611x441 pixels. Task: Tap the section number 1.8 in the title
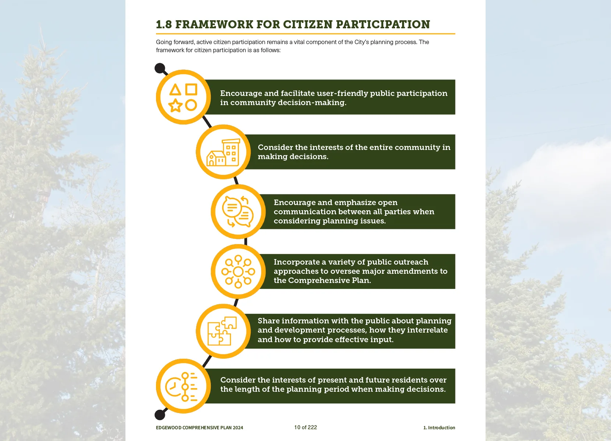pyautogui.click(x=164, y=24)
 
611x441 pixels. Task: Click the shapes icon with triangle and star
pyautogui.click(x=183, y=97)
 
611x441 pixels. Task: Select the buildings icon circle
pyautogui.click(x=223, y=152)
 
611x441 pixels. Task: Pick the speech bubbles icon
pyautogui.click(x=238, y=212)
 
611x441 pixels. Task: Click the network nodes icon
pyautogui.click(x=238, y=272)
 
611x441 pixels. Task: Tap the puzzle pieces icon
pyautogui.click(x=223, y=331)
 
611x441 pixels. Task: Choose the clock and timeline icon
pyautogui.click(x=183, y=386)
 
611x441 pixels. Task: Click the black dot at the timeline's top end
pyautogui.click(x=160, y=68)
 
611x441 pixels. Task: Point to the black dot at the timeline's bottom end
pyautogui.click(x=160, y=415)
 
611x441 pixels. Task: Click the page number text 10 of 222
pyautogui.click(x=305, y=427)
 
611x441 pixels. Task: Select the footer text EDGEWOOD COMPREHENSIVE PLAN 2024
pyautogui.click(x=199, y=428)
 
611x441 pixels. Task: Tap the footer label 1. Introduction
pyautogui.click(x=439, y=428)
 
